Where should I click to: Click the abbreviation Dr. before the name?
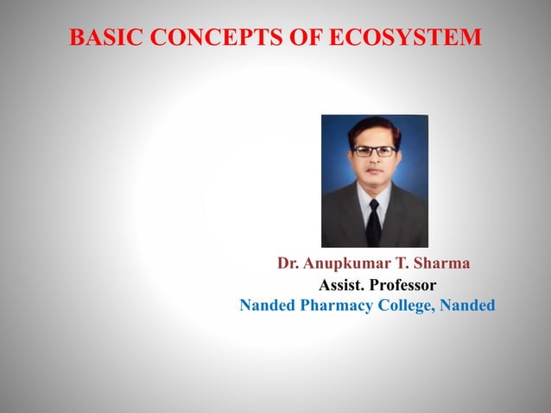pyautogui.click(x=288, y=263)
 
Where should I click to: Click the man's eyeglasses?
pyautogui.click(x=374, y=151)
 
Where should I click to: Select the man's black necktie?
pyautogui.click(x=373, y=221)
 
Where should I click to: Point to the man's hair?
pyautogui.click(x=374, y=128)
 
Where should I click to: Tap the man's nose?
pyautogui.click(x=374, y=161)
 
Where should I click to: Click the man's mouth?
pyautogui.click(x=374, y=172)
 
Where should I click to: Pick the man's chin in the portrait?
pyautogui.click(x=374, y=183)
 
